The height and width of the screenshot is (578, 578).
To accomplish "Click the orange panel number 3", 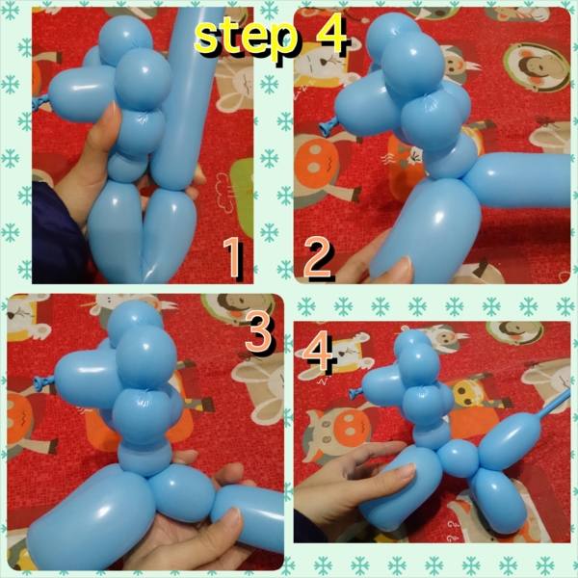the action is [259, 334].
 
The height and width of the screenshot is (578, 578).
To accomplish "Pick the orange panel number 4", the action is [318, 351].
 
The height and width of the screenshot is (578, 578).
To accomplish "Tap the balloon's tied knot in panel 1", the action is [39, 103].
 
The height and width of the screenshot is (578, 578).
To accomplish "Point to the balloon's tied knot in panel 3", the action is [43, 382].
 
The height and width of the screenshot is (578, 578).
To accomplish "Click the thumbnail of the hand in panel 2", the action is [403, 266].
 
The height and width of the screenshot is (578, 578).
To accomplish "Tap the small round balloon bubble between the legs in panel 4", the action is [460, 459].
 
